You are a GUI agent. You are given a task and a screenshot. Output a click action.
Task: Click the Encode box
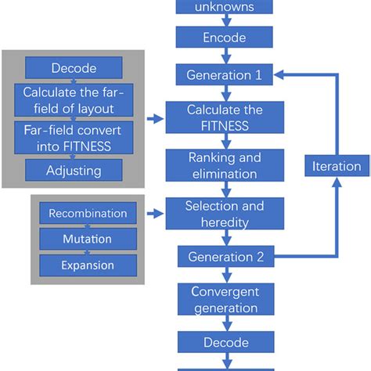[x=224, y=38]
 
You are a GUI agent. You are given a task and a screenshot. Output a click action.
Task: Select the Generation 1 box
[x=224, y=75]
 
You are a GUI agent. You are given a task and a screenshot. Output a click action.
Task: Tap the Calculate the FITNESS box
[x=224, y=117]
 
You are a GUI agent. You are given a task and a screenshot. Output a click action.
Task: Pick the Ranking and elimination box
[x=224, y=165]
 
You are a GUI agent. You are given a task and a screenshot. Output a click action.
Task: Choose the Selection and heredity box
[x=224, y=214]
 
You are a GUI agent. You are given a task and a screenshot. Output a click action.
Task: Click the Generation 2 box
[x=224, y=256]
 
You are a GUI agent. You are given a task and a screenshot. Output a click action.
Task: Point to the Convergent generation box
[x=224, y=299]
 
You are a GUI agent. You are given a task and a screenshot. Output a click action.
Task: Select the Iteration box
[x=337, y=166]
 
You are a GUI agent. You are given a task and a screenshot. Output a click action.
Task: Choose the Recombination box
[x=88, y=214]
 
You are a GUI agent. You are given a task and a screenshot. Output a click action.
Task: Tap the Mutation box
[x=88, y=239]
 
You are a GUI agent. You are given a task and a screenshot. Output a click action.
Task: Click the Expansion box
[x=88, y=265]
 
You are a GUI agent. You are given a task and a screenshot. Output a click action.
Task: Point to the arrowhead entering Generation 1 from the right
[x=279, y=75]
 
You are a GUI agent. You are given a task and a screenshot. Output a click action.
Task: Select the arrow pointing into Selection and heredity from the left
[x=156, y=212]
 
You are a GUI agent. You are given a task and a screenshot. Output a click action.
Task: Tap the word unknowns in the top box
[x=224, y=6]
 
